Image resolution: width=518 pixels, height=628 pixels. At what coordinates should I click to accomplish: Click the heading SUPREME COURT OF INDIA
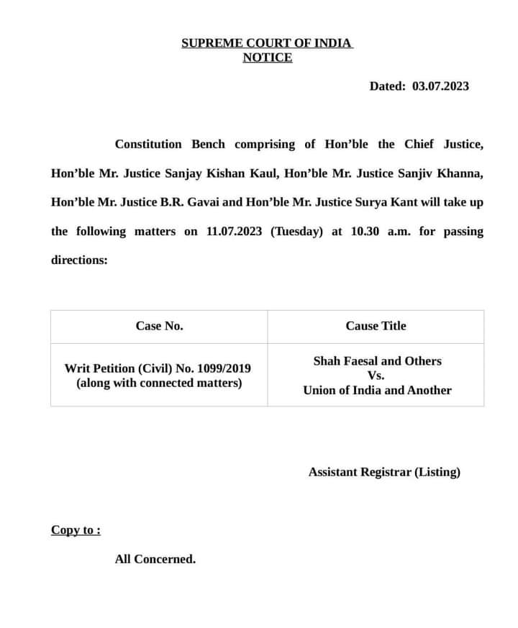(x=267, y=42)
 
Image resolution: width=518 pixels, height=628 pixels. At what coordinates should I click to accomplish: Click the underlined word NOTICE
(x=267, y=58)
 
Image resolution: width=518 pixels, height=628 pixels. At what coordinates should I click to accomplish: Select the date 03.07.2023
(x=440, y=86)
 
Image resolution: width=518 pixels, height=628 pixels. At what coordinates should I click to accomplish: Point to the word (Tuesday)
(x=296, y=232)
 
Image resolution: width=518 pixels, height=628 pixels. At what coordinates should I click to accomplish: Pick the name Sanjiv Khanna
(x=442, y=173)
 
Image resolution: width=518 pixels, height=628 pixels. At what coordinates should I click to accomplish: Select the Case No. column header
(x=159, y=326)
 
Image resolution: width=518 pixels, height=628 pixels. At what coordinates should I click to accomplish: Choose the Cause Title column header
(x=376, y=326)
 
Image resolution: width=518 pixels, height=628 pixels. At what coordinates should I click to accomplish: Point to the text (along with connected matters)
(x=159, y=383)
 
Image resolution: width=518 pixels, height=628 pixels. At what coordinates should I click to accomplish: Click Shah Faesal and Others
(x=377, y=361)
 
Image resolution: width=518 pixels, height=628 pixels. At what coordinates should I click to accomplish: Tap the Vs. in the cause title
(x=376, y=376)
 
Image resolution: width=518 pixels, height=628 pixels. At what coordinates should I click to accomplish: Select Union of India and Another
(x=377, y=390)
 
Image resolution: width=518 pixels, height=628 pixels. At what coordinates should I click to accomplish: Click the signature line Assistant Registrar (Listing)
(x=384, y=472)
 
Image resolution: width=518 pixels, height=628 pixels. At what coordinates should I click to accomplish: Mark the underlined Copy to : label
(x=76, y=530)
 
